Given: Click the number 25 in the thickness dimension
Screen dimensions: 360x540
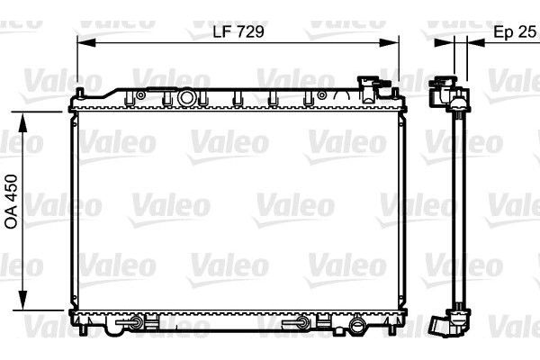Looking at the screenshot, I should (528, 31).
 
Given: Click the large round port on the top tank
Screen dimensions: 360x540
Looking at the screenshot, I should (186, 96).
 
